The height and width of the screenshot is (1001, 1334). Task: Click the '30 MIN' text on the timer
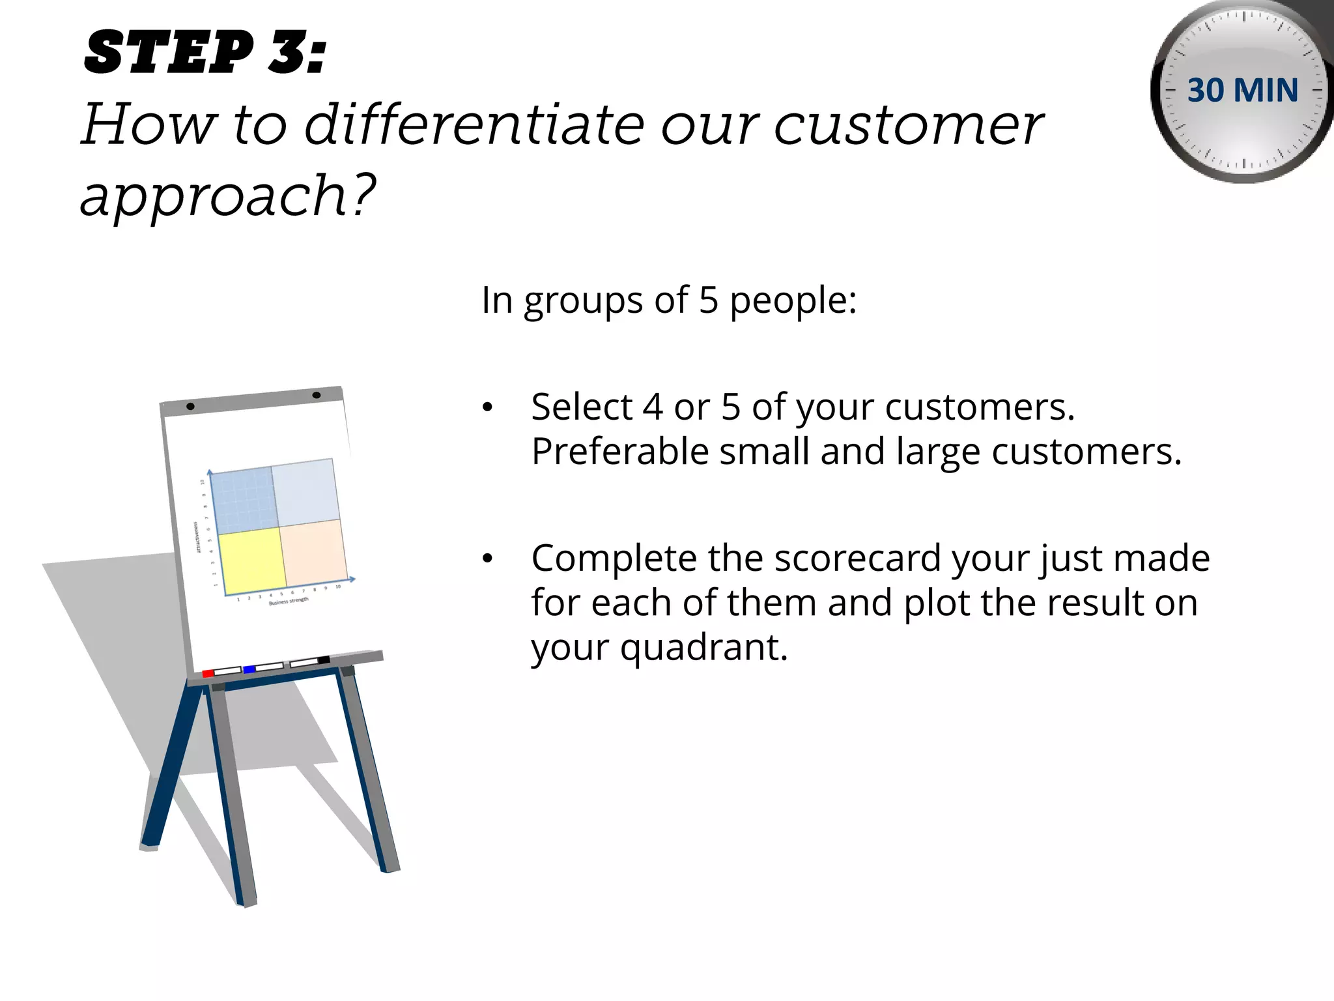click(1242, 90)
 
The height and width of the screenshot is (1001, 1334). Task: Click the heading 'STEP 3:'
click(205, 52)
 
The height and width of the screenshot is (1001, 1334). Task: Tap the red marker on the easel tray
click(208, 673)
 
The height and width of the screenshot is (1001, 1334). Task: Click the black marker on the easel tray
click(323, 660)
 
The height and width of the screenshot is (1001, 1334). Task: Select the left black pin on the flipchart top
click(190, 406)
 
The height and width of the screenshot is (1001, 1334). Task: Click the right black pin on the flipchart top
click(317, 395)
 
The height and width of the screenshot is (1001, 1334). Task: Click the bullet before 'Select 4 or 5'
click(487, 408)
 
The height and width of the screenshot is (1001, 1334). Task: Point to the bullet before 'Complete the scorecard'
click(487, 559)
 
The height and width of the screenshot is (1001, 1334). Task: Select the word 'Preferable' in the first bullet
click(619, 452)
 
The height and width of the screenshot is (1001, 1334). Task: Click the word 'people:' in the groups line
click(792, 301)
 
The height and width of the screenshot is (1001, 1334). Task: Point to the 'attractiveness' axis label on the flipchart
click(197, 537)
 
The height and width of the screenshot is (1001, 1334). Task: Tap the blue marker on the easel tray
click(249, 669)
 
